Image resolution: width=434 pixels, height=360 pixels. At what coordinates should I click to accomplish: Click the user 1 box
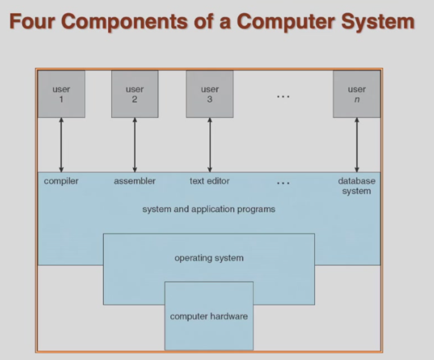tap(61, 94)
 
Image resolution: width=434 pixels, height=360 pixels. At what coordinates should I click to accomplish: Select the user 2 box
tap(135, 94)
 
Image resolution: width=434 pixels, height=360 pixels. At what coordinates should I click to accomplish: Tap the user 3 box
tap(210, 94)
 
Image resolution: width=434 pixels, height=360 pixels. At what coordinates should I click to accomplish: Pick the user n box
tap(356, 94)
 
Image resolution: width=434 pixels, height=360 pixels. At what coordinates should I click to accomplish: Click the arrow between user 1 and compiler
tap(61, 145)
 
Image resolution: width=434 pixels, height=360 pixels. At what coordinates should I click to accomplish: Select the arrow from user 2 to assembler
tap(135, 145)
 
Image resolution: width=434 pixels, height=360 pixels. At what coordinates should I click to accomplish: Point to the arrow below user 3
tap(210, 145)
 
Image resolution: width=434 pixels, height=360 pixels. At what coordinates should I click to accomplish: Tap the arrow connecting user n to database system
tap(357, 145)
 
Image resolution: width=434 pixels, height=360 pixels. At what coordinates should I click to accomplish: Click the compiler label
tap(61, 181)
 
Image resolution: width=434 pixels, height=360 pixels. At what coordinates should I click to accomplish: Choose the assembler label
tap(135, 181)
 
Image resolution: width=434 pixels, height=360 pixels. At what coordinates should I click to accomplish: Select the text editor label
tap(210, 181)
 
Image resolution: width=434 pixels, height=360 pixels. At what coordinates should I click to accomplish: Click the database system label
tap(356, 186)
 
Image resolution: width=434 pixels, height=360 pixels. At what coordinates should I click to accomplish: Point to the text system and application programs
tap(209, 209)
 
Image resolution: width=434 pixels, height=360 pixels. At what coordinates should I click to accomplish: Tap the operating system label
tap(209, 258)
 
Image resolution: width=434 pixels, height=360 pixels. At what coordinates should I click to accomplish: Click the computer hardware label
tap(209, 317)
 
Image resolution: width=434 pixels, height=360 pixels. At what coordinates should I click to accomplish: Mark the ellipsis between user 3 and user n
tap(283, 97)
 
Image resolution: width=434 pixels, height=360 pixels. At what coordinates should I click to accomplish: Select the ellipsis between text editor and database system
tap(283, 183)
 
